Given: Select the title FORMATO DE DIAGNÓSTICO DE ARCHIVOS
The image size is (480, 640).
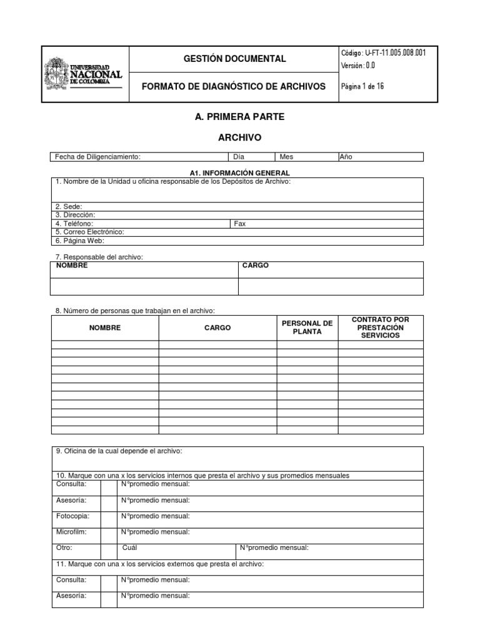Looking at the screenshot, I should pyautogui.click(x=234, y=87).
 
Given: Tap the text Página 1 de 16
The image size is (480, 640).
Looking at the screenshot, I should pyautogui.click(x=362, y=87).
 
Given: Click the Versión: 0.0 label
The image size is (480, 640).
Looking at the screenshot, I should pyautogui.click(x=358, y=66).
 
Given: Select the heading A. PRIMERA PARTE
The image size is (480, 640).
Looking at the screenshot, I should pyautogui.click(x=231, y=117).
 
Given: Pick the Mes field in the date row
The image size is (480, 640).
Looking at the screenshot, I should pyautogui.click(x=306, y=157).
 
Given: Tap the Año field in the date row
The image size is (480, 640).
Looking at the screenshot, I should pyautogui.click(x=380, y=157).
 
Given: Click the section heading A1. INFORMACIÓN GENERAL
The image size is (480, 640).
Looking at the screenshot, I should pyautogui.click(x=239, y=172).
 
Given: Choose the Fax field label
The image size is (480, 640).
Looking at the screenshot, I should pyautogui.click(x=240, y=223).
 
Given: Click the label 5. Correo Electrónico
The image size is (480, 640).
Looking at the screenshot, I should pyautogui.click(x=90, y=232).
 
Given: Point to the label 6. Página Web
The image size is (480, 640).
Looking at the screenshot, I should pyautogui.click(x=79, y=240).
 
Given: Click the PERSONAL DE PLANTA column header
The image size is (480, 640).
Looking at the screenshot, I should pyautogui.click(x=307, y=327).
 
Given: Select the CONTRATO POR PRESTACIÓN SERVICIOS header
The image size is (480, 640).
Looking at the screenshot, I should pyautogui.click(x=381, y=327).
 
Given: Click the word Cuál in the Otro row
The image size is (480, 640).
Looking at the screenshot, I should pyautogui.click(x=130, y=547).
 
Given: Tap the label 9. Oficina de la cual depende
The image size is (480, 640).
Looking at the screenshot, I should pyautogui.click(x=119, y=451).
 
